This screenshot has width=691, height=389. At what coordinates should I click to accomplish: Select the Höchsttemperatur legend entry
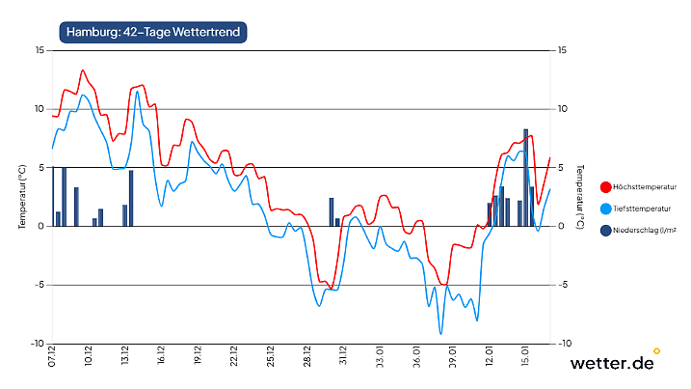(x=640, y=186)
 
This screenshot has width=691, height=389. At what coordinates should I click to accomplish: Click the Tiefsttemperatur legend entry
(x=638, y=208)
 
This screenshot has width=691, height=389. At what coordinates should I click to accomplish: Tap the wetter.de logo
(x=613, y=363)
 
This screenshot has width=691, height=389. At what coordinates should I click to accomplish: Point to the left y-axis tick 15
(x=39, y=50)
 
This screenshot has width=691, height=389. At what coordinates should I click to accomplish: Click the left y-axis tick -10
(x=37, y=344)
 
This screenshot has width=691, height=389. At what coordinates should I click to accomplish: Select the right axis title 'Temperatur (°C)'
(x=580, y=196)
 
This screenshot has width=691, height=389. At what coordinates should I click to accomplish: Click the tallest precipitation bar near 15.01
(x=526, y=177)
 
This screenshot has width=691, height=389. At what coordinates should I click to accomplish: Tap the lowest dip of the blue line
(x=441, y=333)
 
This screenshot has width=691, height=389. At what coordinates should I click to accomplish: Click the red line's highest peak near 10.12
(x=83, y=70)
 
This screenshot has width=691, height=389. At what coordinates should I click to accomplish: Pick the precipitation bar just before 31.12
(x=332, y=212)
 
